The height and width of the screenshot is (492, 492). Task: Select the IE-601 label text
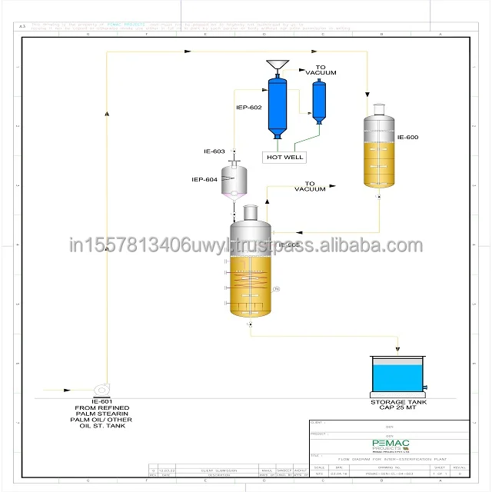[x=101, y=402]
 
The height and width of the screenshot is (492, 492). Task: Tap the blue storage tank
[x=396, y=377]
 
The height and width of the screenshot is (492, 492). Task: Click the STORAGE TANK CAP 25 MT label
[x=396, y=405]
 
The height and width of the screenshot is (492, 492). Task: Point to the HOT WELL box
[x=284, y=157]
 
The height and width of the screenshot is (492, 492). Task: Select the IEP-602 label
[x=248, y=108]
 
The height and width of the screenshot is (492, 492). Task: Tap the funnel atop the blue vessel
[x=275, y=65]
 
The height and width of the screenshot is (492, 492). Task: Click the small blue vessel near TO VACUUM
[x=318, y=99]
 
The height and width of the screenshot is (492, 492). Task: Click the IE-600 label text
[x=407, y=138]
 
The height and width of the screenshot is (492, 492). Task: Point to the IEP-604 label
[x=204, y=180]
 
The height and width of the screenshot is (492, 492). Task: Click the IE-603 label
[x=214, y=151]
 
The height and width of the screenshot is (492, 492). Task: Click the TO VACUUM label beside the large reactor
[x=310, y=187]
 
